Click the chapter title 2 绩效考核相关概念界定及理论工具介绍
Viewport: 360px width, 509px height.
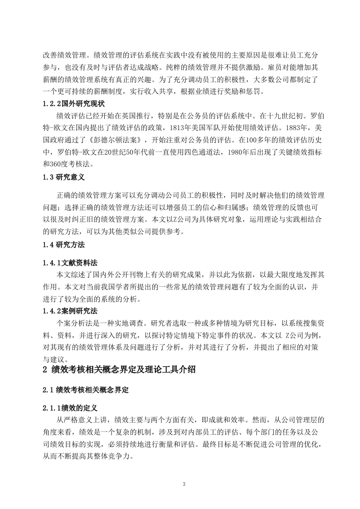[119, 370]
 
